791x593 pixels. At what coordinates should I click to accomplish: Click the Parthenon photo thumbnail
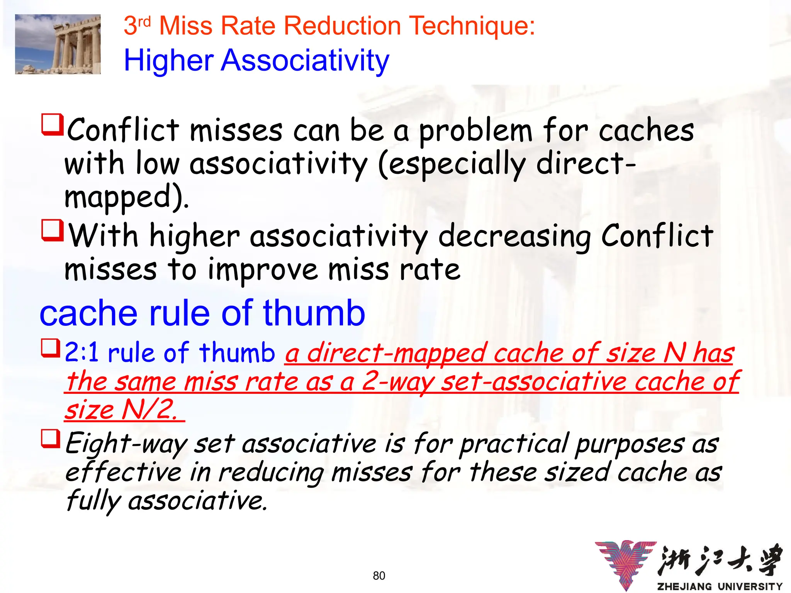point(58,44)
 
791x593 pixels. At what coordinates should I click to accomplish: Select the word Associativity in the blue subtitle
point(305,61)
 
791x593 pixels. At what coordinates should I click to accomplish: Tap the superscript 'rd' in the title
point(144,22)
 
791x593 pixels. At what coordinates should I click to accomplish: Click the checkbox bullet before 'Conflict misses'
point(52,124)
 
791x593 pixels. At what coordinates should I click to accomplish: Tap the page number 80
point(379,576)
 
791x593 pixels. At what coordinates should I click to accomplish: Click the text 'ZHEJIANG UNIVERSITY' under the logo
point(720,586)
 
